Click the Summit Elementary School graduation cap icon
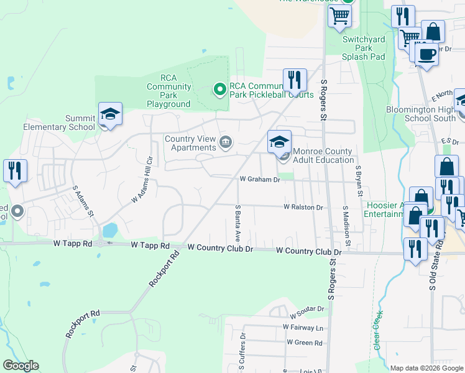pos(110,114)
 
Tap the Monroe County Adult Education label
pos(323,155)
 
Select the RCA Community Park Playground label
pos(168,91)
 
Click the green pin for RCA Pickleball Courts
pos(219,90)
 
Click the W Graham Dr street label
pos(260,179)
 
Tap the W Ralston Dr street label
pos(303,207)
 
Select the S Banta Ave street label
pos(237,223)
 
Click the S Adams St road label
pos(83,200)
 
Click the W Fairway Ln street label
pos(303,327)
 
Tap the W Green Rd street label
pos(305,343)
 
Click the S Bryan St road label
pos(358,180)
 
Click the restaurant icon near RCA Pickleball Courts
pos(295,80)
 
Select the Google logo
pos(21,366)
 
